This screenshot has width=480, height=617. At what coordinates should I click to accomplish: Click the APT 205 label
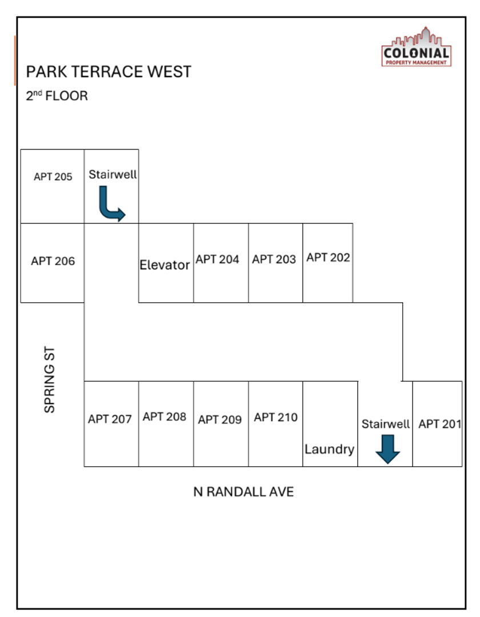tap(53, 177)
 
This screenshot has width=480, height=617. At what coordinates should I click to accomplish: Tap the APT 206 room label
tap(53, 261)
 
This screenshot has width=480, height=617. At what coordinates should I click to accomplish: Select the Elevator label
tap(165, 265)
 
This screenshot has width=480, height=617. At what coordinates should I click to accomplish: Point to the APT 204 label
tap(217, 259)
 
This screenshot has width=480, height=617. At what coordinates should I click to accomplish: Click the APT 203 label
tap(274, 259)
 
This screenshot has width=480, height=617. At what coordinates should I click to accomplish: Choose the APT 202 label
tap(328, 257)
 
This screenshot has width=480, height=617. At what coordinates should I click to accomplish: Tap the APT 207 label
tap(110, 419)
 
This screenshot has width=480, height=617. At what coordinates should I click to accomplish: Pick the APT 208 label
tap(165, 416)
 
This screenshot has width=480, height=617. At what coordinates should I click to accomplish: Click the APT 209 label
tap(219, 419)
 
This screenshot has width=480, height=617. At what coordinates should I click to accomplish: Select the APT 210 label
tap(275, 417)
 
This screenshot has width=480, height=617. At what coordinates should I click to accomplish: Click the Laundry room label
tap(329, 449)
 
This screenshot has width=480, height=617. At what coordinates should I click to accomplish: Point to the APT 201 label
tap(439, 424)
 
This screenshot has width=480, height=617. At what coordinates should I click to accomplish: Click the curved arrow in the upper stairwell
tap(111, 206)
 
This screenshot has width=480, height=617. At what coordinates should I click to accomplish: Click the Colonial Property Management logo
tap(415, 47)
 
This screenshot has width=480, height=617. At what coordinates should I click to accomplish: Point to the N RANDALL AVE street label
tap(243, 492)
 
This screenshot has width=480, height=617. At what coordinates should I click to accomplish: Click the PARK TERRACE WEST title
tap(109, 72)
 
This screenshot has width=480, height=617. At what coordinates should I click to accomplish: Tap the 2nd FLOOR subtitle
tap(57, 95)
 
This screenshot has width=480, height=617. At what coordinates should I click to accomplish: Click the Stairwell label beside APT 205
tap(113, 174)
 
